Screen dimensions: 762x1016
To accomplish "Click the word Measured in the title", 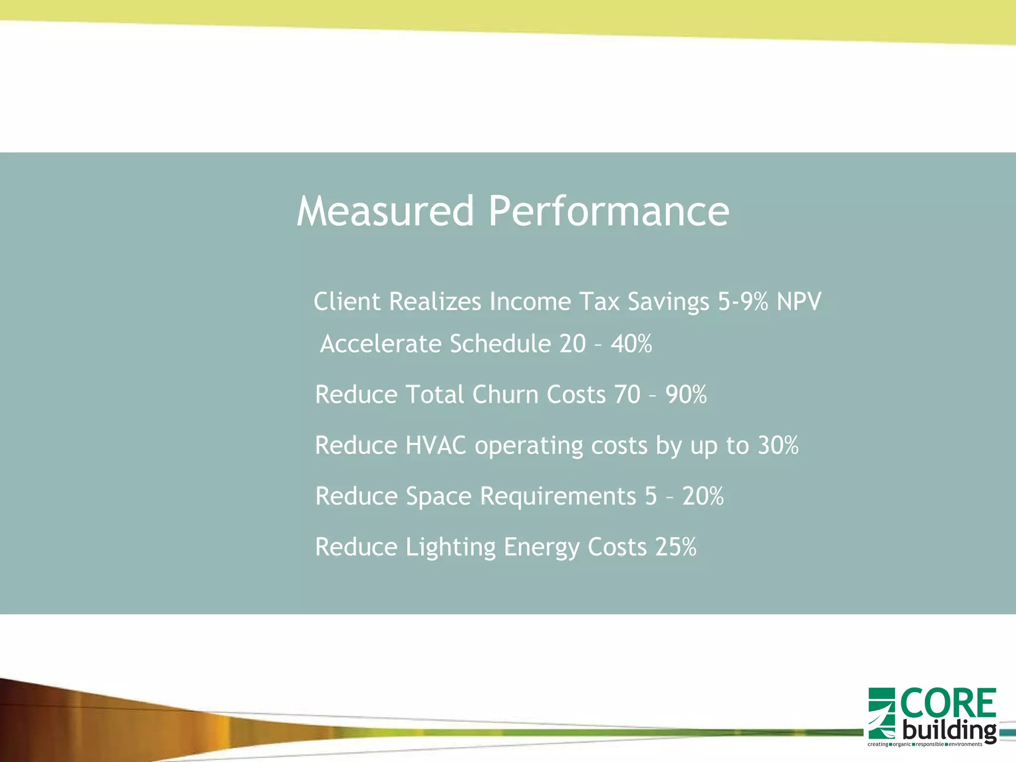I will (x=385, y=211).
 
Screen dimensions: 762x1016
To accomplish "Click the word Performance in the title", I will (x=609, y=211).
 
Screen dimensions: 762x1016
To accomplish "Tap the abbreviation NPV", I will (x=799, y=302).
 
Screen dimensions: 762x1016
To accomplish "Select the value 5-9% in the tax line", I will (x=743, y=302).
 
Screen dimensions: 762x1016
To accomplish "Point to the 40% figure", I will (x=631, y=344).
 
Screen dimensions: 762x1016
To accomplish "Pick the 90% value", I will (x=686, y=395).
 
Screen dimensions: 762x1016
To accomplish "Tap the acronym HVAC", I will (x=436, y=445).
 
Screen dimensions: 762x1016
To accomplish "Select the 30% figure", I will (x=778, y=445).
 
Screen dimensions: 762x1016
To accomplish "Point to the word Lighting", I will (x=450, y=547).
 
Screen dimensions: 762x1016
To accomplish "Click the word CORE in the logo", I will (x=948, y=703).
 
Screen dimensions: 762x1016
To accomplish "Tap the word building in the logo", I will (x=949, y=730).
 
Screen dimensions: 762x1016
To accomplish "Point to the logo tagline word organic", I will (x=901, y=744).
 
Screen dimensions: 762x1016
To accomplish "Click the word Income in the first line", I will (x=530, y=302).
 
